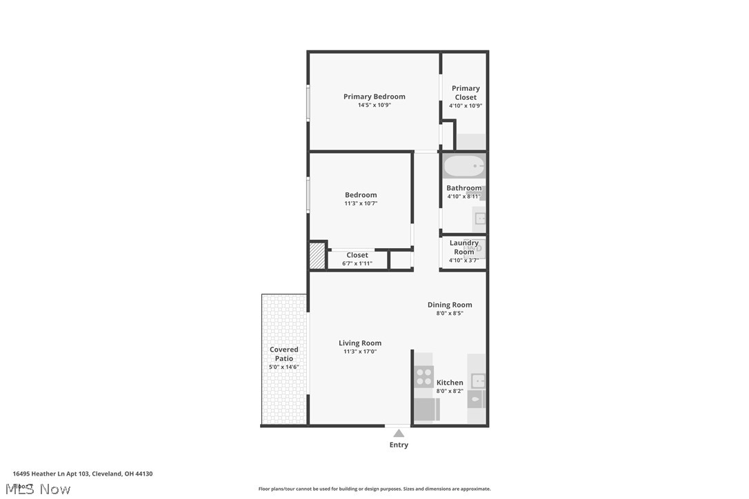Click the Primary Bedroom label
click(x=374, y=96)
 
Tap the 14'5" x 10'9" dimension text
click(x=374, y=105)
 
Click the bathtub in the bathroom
click(x=463, y=166)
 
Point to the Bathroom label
click(x=463, y=188)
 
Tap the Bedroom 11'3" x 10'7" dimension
click(x=361, y=203)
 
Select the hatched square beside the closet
click(x=317, y=256)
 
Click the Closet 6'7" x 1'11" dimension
click(x=357, y=263)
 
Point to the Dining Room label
click(x=450, y=305)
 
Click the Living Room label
click(x=360, y=343)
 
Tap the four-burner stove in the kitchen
click(x=423, y=377)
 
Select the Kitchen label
click(x=450, y=383)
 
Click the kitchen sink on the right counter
click(x=477, y=380)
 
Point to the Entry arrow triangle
click(x=399, y=434)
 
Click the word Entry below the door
click(x=399, y=445)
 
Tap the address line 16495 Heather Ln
click(x=83, y=473)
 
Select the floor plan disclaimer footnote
click(x=374, y=489)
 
